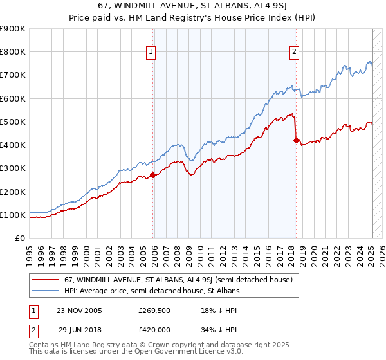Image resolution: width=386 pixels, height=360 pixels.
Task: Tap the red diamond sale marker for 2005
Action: pos(152,175)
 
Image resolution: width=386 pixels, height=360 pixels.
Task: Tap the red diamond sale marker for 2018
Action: pos(297,140)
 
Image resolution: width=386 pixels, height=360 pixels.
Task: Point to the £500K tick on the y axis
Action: pos(14,122)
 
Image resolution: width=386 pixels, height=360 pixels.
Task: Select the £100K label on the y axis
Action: pos(14,215)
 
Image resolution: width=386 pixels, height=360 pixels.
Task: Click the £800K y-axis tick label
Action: pos(14,52)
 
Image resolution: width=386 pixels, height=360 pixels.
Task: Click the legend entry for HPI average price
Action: pos(152,291)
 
